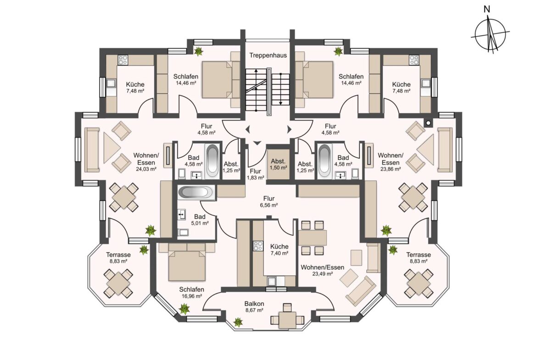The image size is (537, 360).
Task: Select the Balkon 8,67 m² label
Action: point(254,307)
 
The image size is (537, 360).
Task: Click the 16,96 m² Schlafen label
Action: point(192,293)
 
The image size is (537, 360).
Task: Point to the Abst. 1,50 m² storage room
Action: point(279,164)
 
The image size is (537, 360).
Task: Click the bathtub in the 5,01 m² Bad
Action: point(196,192)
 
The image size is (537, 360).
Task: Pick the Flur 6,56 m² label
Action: point(269,202)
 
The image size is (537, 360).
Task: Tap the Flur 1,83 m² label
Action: point(256,174)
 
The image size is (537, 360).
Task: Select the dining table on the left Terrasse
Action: point(118,283)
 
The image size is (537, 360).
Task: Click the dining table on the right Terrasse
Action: point(419,283)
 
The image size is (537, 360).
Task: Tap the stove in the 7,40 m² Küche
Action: point(258,246)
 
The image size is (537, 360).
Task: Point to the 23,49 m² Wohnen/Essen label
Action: point(322,270)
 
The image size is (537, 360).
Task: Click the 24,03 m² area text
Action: point(146,169)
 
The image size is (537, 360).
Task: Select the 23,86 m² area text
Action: point(391,169)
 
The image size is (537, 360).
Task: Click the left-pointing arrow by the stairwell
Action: point(247,130)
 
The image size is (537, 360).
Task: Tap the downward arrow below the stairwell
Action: point(257,143)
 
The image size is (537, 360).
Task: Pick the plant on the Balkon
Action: point(238,322)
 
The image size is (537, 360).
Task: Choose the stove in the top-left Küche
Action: point(123,60)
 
